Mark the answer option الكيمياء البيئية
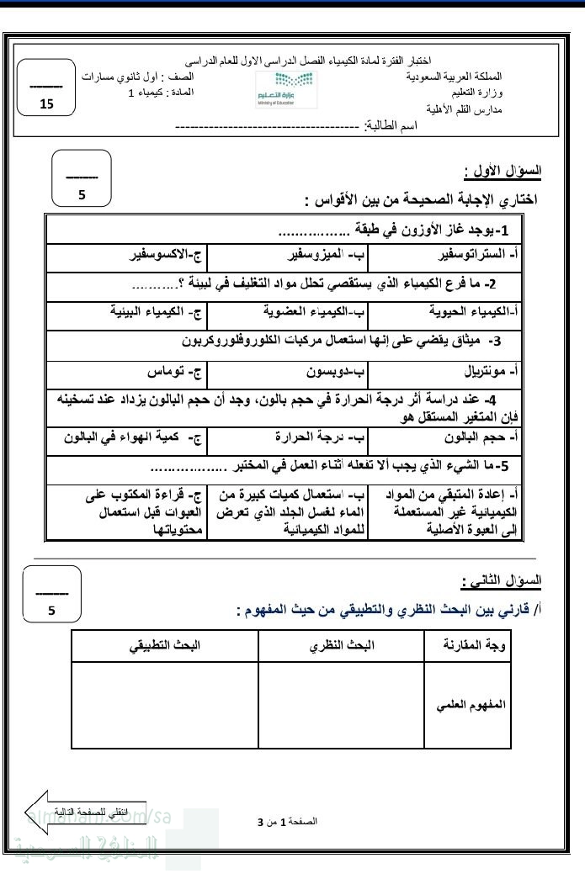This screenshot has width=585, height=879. [153, 311]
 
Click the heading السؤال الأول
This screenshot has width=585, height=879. [503, 171]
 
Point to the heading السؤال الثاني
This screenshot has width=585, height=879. [503, 580]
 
